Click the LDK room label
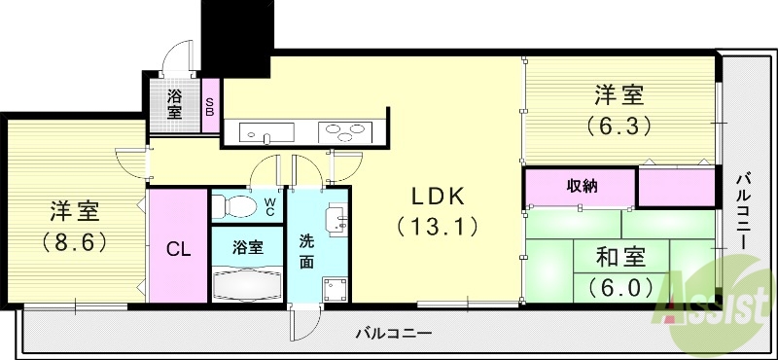[x=437, y=197]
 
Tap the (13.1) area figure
[x=437, y=227]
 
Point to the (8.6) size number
[x=74, y=241]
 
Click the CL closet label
[x=177, y=248]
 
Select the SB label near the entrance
[x=209, y=105]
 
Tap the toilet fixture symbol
[x=233, y=206]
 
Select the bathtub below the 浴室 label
[x=248, y=286]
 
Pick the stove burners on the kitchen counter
[x=345, y=130]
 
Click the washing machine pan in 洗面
[x=336, y=289]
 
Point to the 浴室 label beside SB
[x=175, y=103]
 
